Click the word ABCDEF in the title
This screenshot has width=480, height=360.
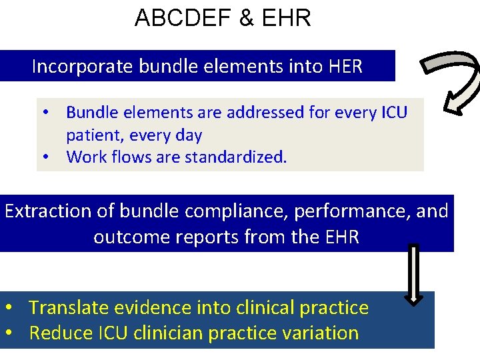[175, 18]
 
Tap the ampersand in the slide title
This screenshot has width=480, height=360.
[247, 18]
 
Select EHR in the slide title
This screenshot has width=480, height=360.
[287, 18]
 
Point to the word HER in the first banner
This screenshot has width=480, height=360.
[345, 67]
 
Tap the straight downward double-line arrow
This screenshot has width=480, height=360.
[414, 274]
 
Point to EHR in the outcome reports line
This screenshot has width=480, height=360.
[339, 237]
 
